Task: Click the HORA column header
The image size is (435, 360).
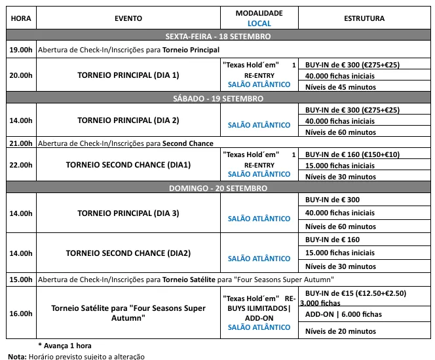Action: click(20, 18)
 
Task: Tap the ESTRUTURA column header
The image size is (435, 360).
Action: click(364, 18)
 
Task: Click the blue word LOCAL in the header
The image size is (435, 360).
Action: click(259, 24)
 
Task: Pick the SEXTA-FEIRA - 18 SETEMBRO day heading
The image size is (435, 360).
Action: click(218, 37)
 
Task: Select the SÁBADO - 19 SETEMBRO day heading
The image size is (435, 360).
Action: click(218, 98)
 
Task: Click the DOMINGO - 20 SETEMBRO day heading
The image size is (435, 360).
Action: click(218, 188)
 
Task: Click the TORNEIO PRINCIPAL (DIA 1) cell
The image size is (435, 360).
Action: click(128, 75)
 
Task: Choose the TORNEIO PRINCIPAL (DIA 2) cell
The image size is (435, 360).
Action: click(128, 120)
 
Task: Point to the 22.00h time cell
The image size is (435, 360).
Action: click(20, 165)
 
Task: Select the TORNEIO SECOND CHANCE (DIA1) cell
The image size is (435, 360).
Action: click(128, 165)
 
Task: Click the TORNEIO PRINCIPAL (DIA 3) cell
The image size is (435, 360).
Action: click(128, 213)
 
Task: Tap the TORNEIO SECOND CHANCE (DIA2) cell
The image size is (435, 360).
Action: click(128, 253)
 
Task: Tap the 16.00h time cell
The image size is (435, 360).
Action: click(20, 314)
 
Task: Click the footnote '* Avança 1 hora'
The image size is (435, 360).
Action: click(65, 346)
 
